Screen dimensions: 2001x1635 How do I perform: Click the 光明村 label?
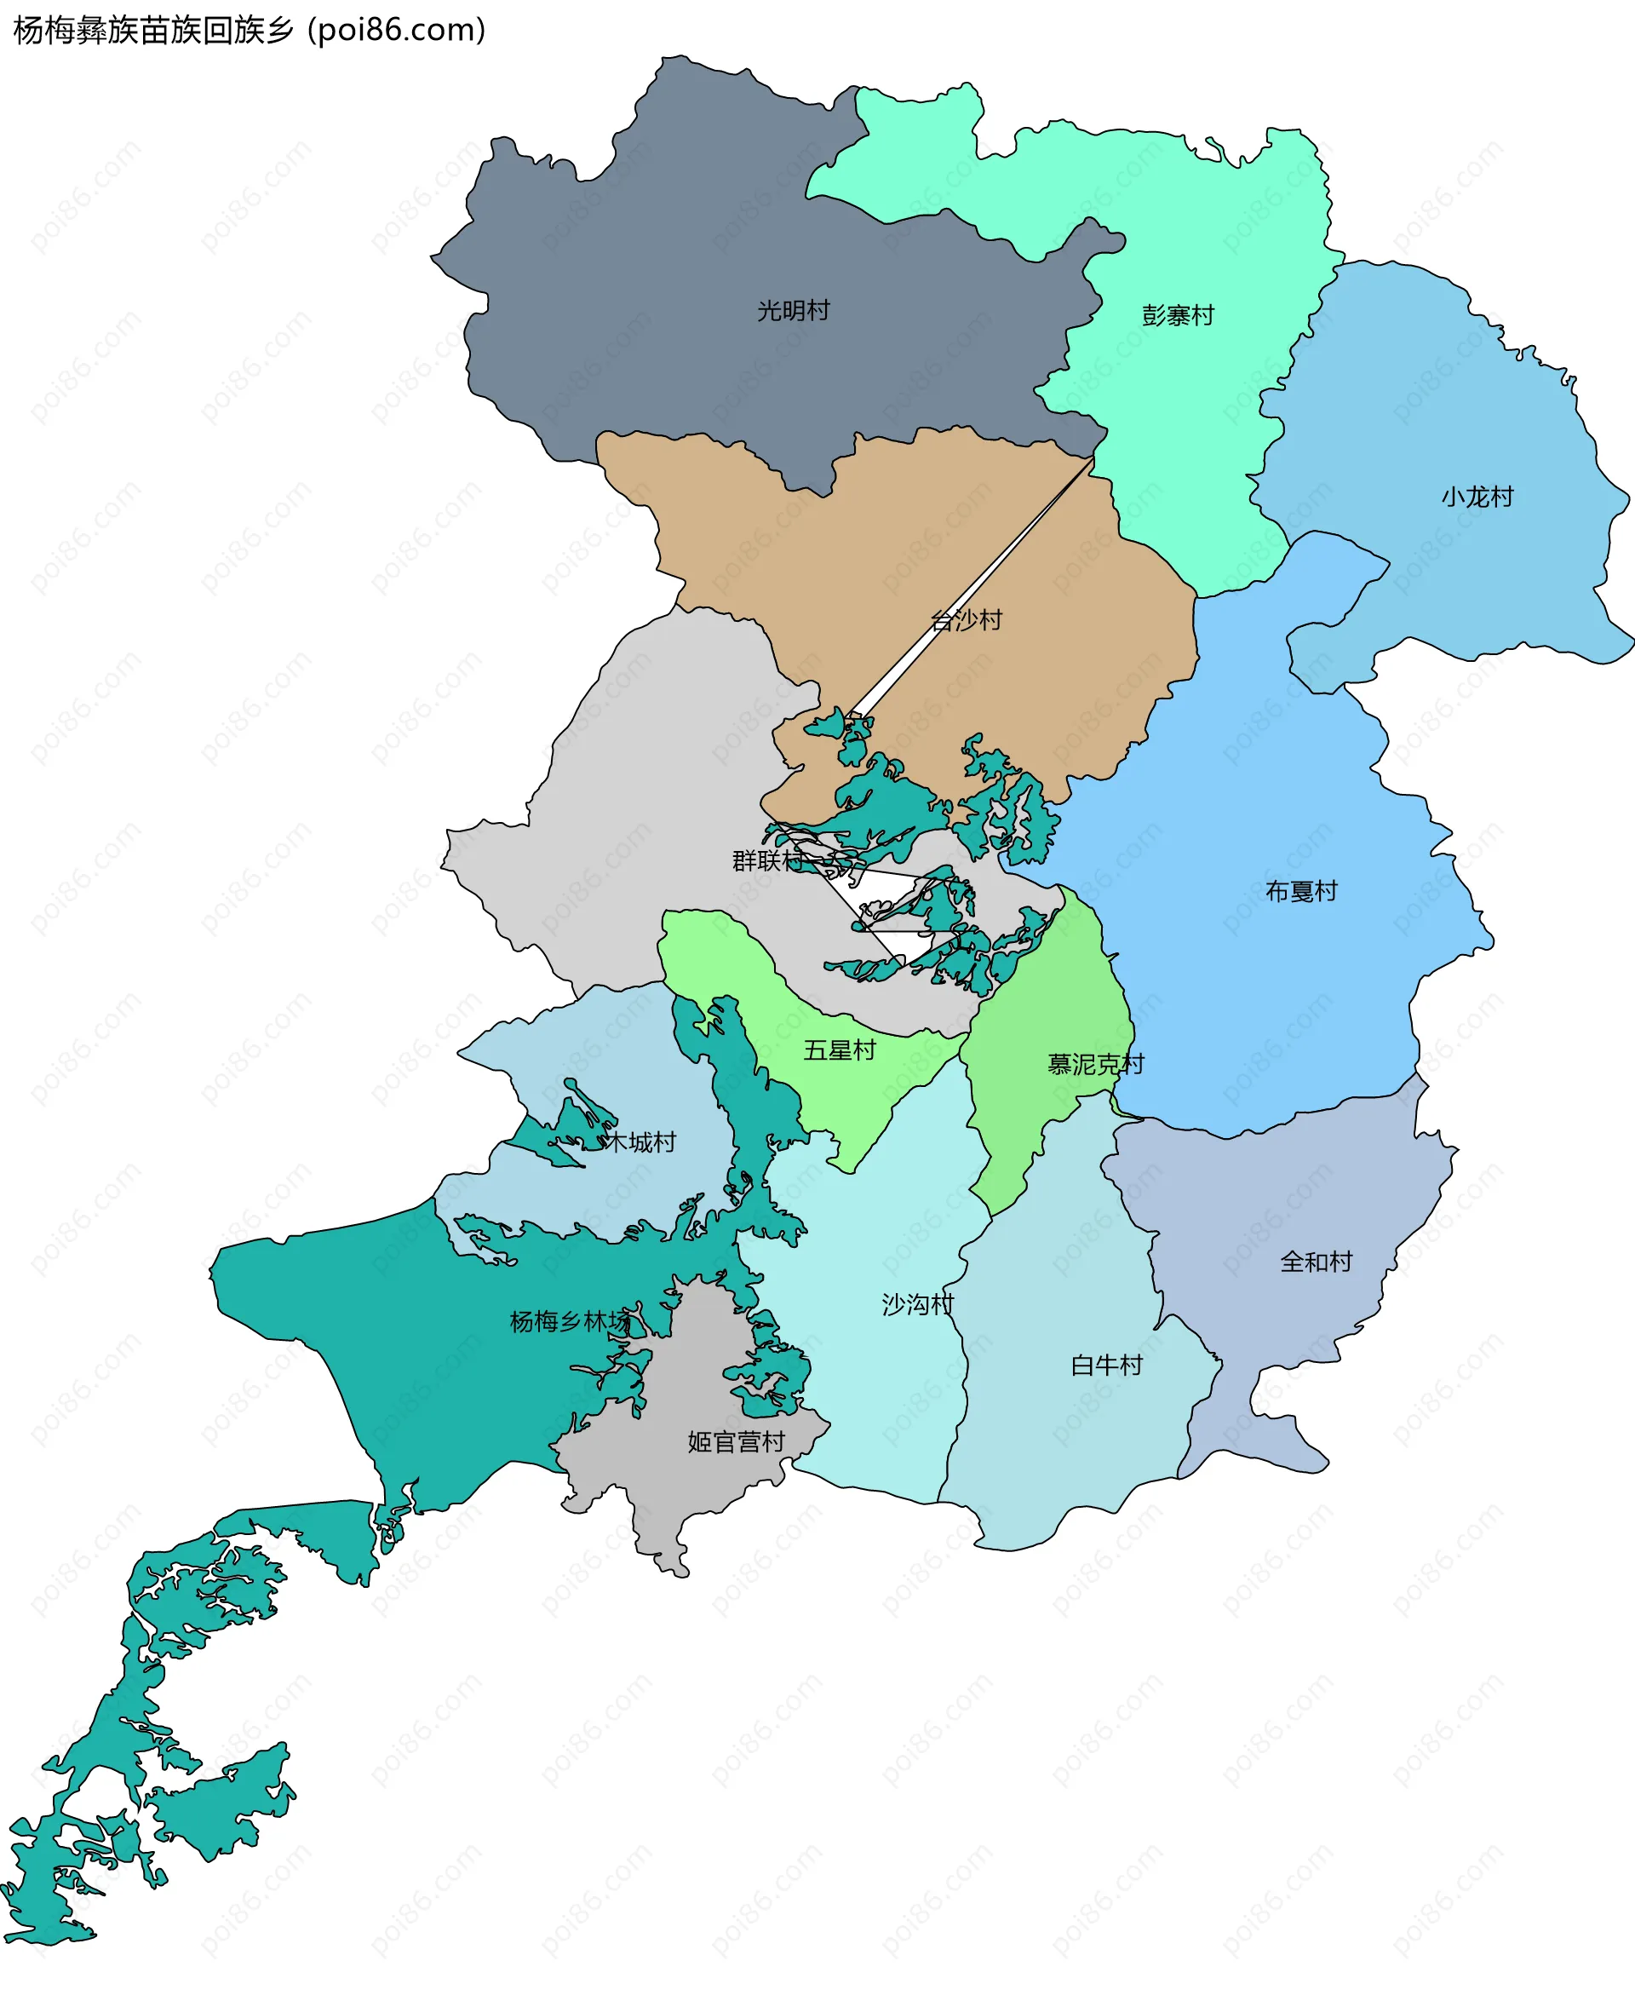(793, 311)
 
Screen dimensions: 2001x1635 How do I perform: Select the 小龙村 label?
(1477, 497)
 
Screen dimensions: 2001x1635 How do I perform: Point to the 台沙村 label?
(967, 620)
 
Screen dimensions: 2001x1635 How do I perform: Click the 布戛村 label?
(1300, 891)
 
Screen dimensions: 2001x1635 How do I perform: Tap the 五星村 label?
(839, 1049)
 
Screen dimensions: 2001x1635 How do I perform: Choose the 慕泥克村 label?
(1095, 1064)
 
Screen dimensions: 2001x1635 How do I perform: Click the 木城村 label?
(640, 1141)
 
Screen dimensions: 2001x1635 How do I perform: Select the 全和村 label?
(1316, 1262)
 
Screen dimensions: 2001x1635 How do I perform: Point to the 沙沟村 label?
(917, 1304)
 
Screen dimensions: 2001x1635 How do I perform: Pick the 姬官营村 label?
(736, 1441)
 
